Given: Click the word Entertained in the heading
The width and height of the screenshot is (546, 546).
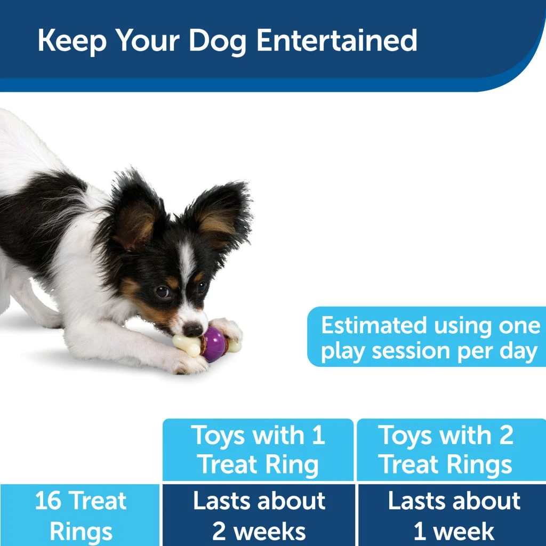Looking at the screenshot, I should tap(336, 41).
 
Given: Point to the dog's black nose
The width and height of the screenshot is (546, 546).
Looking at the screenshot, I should tap(192, 330).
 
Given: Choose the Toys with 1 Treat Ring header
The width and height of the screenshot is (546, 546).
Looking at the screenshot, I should tap(258, 449).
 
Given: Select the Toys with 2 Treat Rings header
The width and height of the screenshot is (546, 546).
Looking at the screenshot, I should tap(446, 449).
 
